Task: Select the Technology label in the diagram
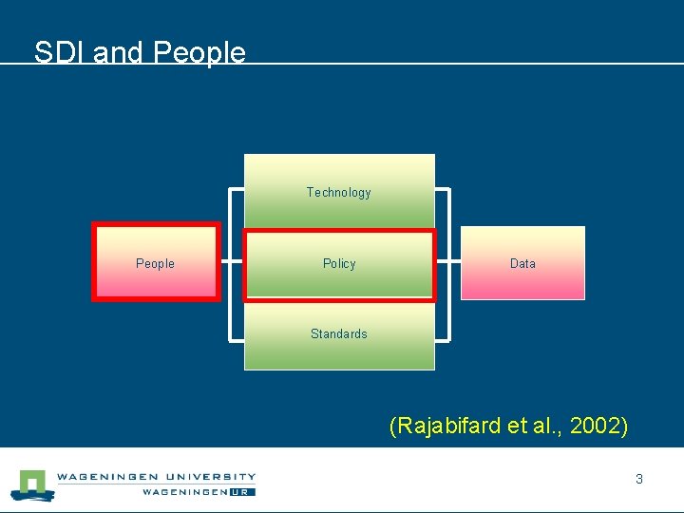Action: click(x=338, y=193)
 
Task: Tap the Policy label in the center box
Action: click(x=338, y=264)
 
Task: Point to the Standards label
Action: click(x=338, y=334)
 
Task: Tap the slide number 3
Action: click(x=639, y=480)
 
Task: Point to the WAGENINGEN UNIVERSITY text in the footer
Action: click(x=156, y=477)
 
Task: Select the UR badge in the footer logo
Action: click(x=244, y=492)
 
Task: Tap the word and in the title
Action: click(x=119, y=52)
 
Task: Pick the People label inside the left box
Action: click(x=155, y=264)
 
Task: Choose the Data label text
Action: click(x=522, y=264)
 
